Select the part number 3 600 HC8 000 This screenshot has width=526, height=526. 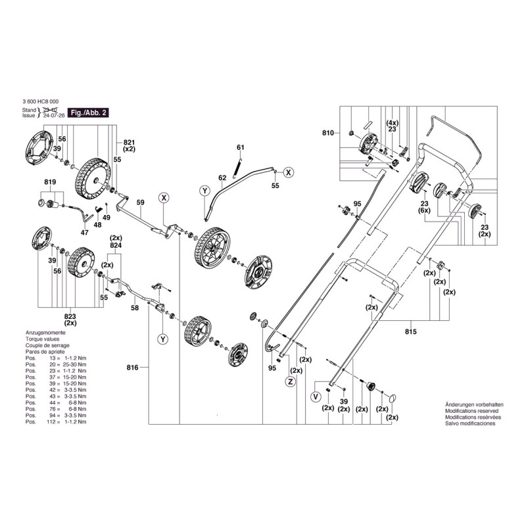(44, 103)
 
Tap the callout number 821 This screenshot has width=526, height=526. (129, 142)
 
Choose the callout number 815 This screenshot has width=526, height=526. (412, 331)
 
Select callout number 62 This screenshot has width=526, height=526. (222, 178)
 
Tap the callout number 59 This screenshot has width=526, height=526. (139, 203)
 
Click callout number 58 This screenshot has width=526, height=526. (135, 307)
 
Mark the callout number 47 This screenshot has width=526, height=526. (84, 232)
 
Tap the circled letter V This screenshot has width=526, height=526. (316, 396)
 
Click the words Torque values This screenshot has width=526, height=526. (42, 339)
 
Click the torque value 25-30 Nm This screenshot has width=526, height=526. (72, 363)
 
